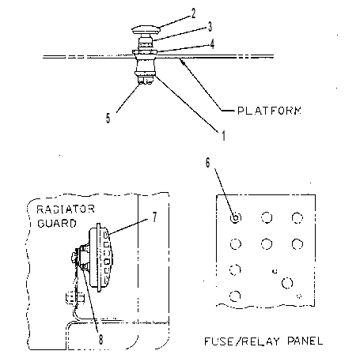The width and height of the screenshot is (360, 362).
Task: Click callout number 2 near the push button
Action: click(193, 13)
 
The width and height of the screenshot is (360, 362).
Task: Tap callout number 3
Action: click(210, 27)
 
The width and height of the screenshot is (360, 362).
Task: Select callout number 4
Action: click(212, 44)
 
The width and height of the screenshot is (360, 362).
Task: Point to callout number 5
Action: click(108, 118)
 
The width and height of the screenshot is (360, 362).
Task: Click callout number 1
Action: click(224, 136)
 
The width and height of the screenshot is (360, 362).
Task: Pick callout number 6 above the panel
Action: click(208, 163)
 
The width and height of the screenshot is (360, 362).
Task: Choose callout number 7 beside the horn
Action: click(154, 217)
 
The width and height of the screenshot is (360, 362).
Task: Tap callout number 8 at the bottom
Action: click(101, 340)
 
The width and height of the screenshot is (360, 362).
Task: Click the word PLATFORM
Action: click(269, 111)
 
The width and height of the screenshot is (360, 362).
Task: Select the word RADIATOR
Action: click(66, 209)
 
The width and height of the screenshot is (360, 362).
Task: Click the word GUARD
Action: click(57, 224)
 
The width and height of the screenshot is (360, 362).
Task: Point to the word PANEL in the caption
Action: click(305, 341)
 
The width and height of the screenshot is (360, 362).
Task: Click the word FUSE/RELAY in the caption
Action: click(242, 341)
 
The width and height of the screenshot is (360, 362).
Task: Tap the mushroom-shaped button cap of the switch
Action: click(146, 29)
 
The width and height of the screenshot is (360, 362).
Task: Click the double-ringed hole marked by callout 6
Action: click(236, 217)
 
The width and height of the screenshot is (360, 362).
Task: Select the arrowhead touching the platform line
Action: click(182, 62)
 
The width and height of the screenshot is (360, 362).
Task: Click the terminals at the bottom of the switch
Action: click(146, 81)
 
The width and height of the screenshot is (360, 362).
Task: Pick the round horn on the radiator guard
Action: click(100, 258)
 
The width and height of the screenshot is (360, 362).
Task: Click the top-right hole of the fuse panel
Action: click(297, 218)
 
